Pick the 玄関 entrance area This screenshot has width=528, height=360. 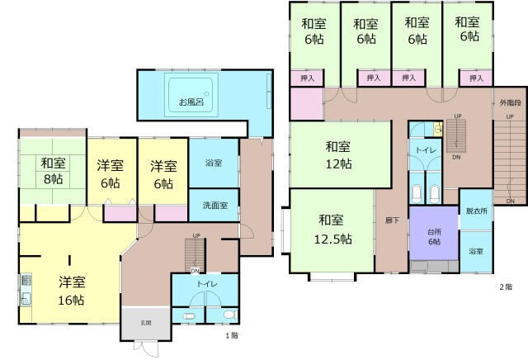(x=145, y=323)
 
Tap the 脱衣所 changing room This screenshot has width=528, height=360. (x=477, y=212)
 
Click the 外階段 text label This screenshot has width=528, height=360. (x=510, y=103)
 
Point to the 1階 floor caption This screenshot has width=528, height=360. (x=233, y=337)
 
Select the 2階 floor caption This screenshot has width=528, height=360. (x=506, y=287)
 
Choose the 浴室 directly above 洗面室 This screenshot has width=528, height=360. (x=214, y=163)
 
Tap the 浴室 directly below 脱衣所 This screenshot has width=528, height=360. (x=477, y=250)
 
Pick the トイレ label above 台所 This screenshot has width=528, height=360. (x=426, y=151)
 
